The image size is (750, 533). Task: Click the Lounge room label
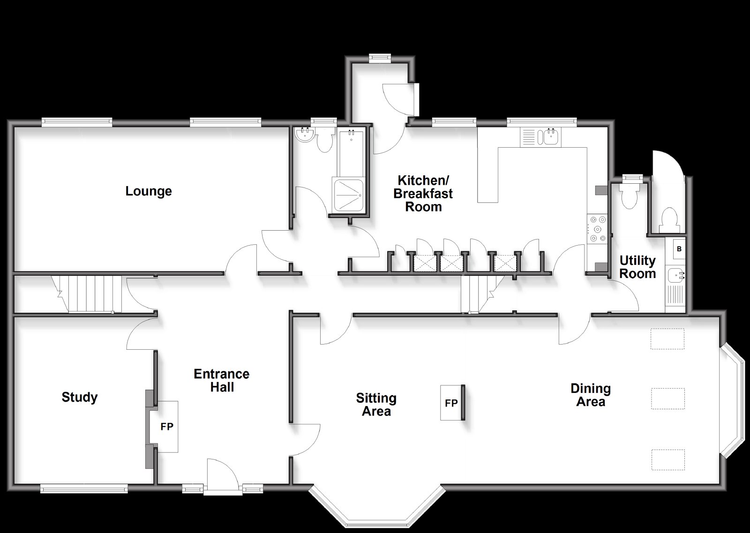pyautogui.click(x=149, y=191)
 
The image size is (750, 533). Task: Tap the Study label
pyautogui.click(x=80, y=397)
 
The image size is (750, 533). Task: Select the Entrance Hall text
pyautogui.click(x=222, y=380)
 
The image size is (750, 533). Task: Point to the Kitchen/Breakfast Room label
pyautogui.click(x=423, y=194)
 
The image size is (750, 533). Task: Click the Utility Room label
pyautogui.click(x=637, y=267)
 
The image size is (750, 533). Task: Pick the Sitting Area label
pyautogui.click(x=376, y=405)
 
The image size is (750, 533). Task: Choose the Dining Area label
pyautogui.click(x=591, y=395)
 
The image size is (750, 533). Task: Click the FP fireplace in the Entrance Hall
pyautogui.click(x=167, y=427)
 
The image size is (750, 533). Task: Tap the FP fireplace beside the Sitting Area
pyautogui.click(x=451, y=403)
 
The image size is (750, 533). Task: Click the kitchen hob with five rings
pyautogui.click(x=598, y=229)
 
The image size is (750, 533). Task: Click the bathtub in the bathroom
pyautogui.click(x=351, y=152)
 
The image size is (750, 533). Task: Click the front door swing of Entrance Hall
pyautogui.click(x=222, y=472)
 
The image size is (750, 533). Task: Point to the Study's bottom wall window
pyautogui.click(x=84, y=489)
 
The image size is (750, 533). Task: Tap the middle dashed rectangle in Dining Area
pyautogui.click(x=667, y=398)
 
